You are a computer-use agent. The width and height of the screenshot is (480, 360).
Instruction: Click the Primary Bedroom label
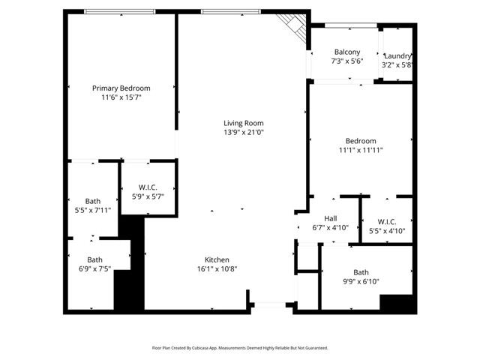coord(121,88)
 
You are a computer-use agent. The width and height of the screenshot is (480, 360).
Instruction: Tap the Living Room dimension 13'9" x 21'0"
coord(244,133)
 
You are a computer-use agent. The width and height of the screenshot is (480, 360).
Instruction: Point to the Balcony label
coord(346,52)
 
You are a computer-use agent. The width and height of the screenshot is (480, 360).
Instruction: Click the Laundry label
coord(397,56)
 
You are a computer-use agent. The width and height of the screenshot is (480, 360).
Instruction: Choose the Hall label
coord(330,219)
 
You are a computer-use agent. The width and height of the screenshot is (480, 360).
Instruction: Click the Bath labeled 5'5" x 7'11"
coord(92,201)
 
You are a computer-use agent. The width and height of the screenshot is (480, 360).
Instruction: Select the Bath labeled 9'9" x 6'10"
coord(361,272)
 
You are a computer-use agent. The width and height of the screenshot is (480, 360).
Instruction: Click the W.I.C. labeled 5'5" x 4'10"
coord(387,222)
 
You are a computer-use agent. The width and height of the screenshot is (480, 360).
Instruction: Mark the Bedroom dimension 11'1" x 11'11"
coord(361,150)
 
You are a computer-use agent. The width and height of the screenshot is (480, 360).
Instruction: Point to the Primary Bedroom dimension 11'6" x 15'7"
coord(121,97)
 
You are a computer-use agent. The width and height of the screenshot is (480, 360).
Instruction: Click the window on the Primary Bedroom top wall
coord(120,11)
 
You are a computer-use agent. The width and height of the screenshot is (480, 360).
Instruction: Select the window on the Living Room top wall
coord(231,11)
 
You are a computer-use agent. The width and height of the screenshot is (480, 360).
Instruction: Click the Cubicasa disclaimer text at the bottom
coord(240,348)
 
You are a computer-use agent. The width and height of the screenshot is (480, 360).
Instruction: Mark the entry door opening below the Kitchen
coord(271,304)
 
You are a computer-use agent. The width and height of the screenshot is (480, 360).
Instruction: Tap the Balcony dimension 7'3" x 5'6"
coord(346,62)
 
